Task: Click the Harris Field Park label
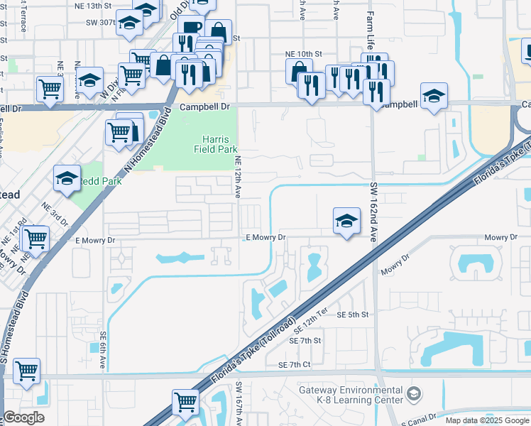(x=216, y=144)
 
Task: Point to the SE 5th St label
(x=354, y=314)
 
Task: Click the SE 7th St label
(x=305, y=341)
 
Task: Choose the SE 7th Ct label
(x=295, y=364)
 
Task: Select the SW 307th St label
(x=100, y=22)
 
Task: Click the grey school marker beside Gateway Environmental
(x=413, y=393)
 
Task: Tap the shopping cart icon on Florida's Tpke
(x=185, y=400)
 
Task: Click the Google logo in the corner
(x=23, y=417)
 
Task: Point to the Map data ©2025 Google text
(x=487, y=420)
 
